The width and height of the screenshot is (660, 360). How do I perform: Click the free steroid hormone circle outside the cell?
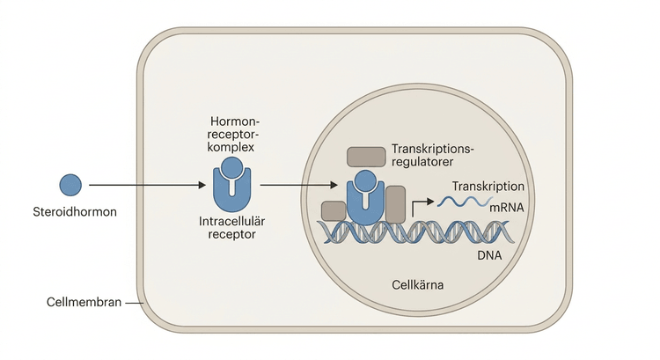pyautogui.click(x=70, y=185)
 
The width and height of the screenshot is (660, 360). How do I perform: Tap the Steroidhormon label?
pyautogui.click(x=75, y=211)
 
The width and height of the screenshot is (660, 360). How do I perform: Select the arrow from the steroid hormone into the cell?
pyautogui.click(x=147, y=185)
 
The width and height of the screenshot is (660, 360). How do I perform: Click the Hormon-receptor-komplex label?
pyautogui.click(x=233, y=135)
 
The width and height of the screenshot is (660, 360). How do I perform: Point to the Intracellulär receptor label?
pyautogui.click(x=232, y=228)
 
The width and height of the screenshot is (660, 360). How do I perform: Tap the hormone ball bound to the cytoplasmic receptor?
pyautogui.click(x=232, y=167)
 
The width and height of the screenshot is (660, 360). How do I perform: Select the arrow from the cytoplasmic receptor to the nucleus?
pyautogui.click(x=299, y=185)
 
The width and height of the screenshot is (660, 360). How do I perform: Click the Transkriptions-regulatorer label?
pyautogui.click(x=433, y=156)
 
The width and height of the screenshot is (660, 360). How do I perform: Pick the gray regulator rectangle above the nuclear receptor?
pyautogui.click(x=366, y=157)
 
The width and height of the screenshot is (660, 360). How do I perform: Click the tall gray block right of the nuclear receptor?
pyautogui.click(x=396, y=204)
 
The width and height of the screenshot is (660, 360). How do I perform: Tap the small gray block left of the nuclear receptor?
pyautogui.click(x=334, y=211)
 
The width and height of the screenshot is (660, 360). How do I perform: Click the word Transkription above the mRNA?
pyautogui.click(x=488, y=186)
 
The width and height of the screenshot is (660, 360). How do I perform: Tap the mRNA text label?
pyautogui.click(x=507, y=207)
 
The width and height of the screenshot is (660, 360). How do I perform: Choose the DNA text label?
pyautogui.click(x=489, y=255)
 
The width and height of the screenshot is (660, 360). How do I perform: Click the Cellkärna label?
pyautogui.click(x=417, y=285)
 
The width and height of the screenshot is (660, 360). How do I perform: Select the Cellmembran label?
pyautogui.click(x=84, y=302)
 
